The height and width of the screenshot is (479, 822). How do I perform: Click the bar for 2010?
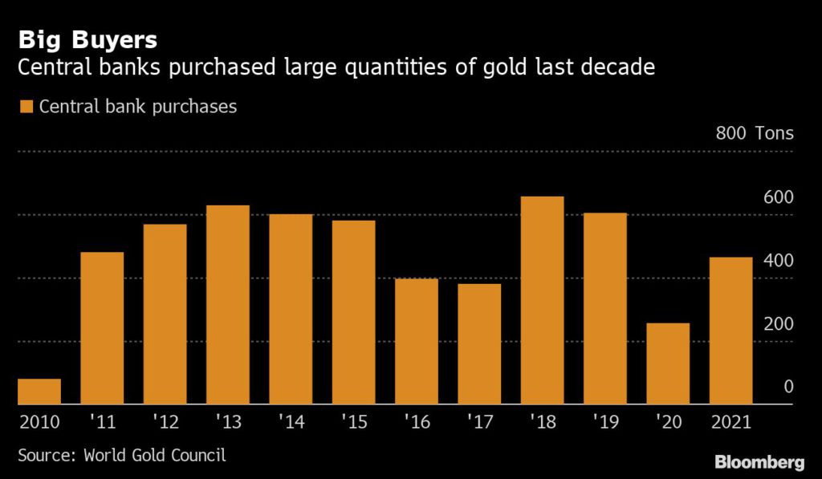39,392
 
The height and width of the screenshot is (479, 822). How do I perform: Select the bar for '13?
228,305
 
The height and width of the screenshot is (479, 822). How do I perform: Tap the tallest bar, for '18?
543,300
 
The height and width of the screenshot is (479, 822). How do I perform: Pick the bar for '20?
668,363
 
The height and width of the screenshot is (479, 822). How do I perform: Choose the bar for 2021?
730,331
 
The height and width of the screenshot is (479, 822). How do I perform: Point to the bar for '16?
417,341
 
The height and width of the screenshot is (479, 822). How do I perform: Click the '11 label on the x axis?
103,420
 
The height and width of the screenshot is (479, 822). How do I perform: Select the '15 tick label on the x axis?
353,420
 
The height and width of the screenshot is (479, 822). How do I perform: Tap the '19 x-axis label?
605,420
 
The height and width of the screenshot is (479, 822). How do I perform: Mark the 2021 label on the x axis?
730,420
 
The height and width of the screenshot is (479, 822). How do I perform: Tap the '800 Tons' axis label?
754,133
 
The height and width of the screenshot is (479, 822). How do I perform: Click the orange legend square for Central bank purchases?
26,107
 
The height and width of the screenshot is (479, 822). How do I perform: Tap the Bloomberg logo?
759,462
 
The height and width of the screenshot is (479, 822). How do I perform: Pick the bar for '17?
479,343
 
